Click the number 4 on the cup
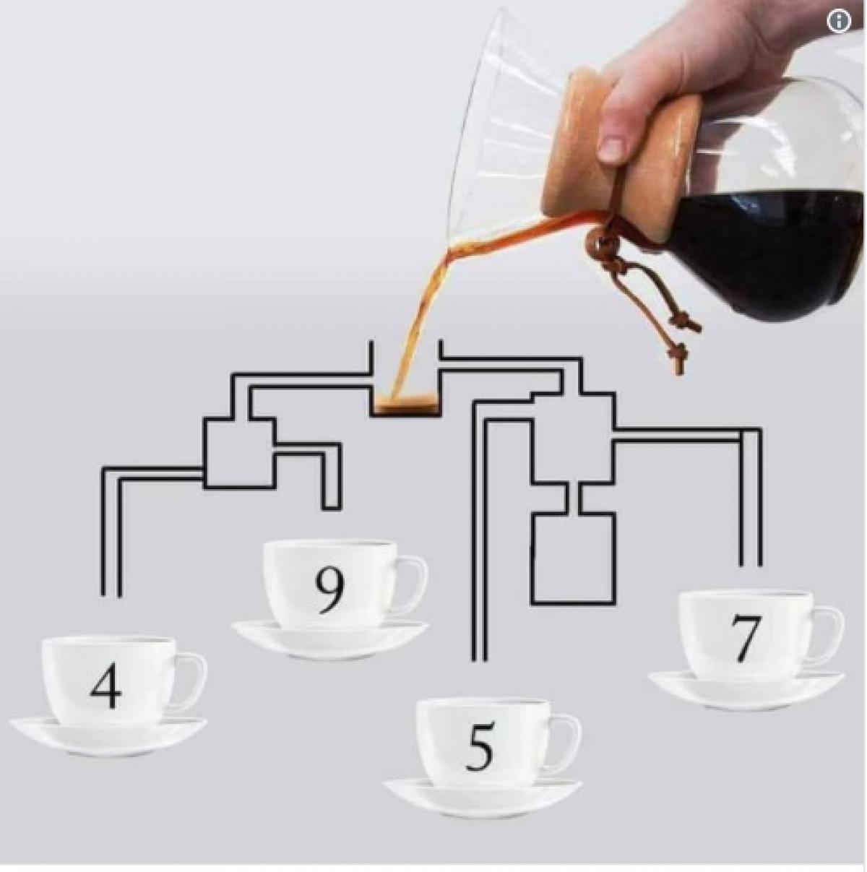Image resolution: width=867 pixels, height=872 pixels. pos(106,687)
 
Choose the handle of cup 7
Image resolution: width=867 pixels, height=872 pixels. pos(832,634)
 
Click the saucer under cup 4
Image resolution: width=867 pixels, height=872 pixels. pos(108,735)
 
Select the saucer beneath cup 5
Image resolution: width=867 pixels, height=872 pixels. pos(483,798)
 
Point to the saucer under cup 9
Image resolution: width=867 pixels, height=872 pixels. pos(330,639)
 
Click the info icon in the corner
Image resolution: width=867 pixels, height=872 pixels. pos(839,21)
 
